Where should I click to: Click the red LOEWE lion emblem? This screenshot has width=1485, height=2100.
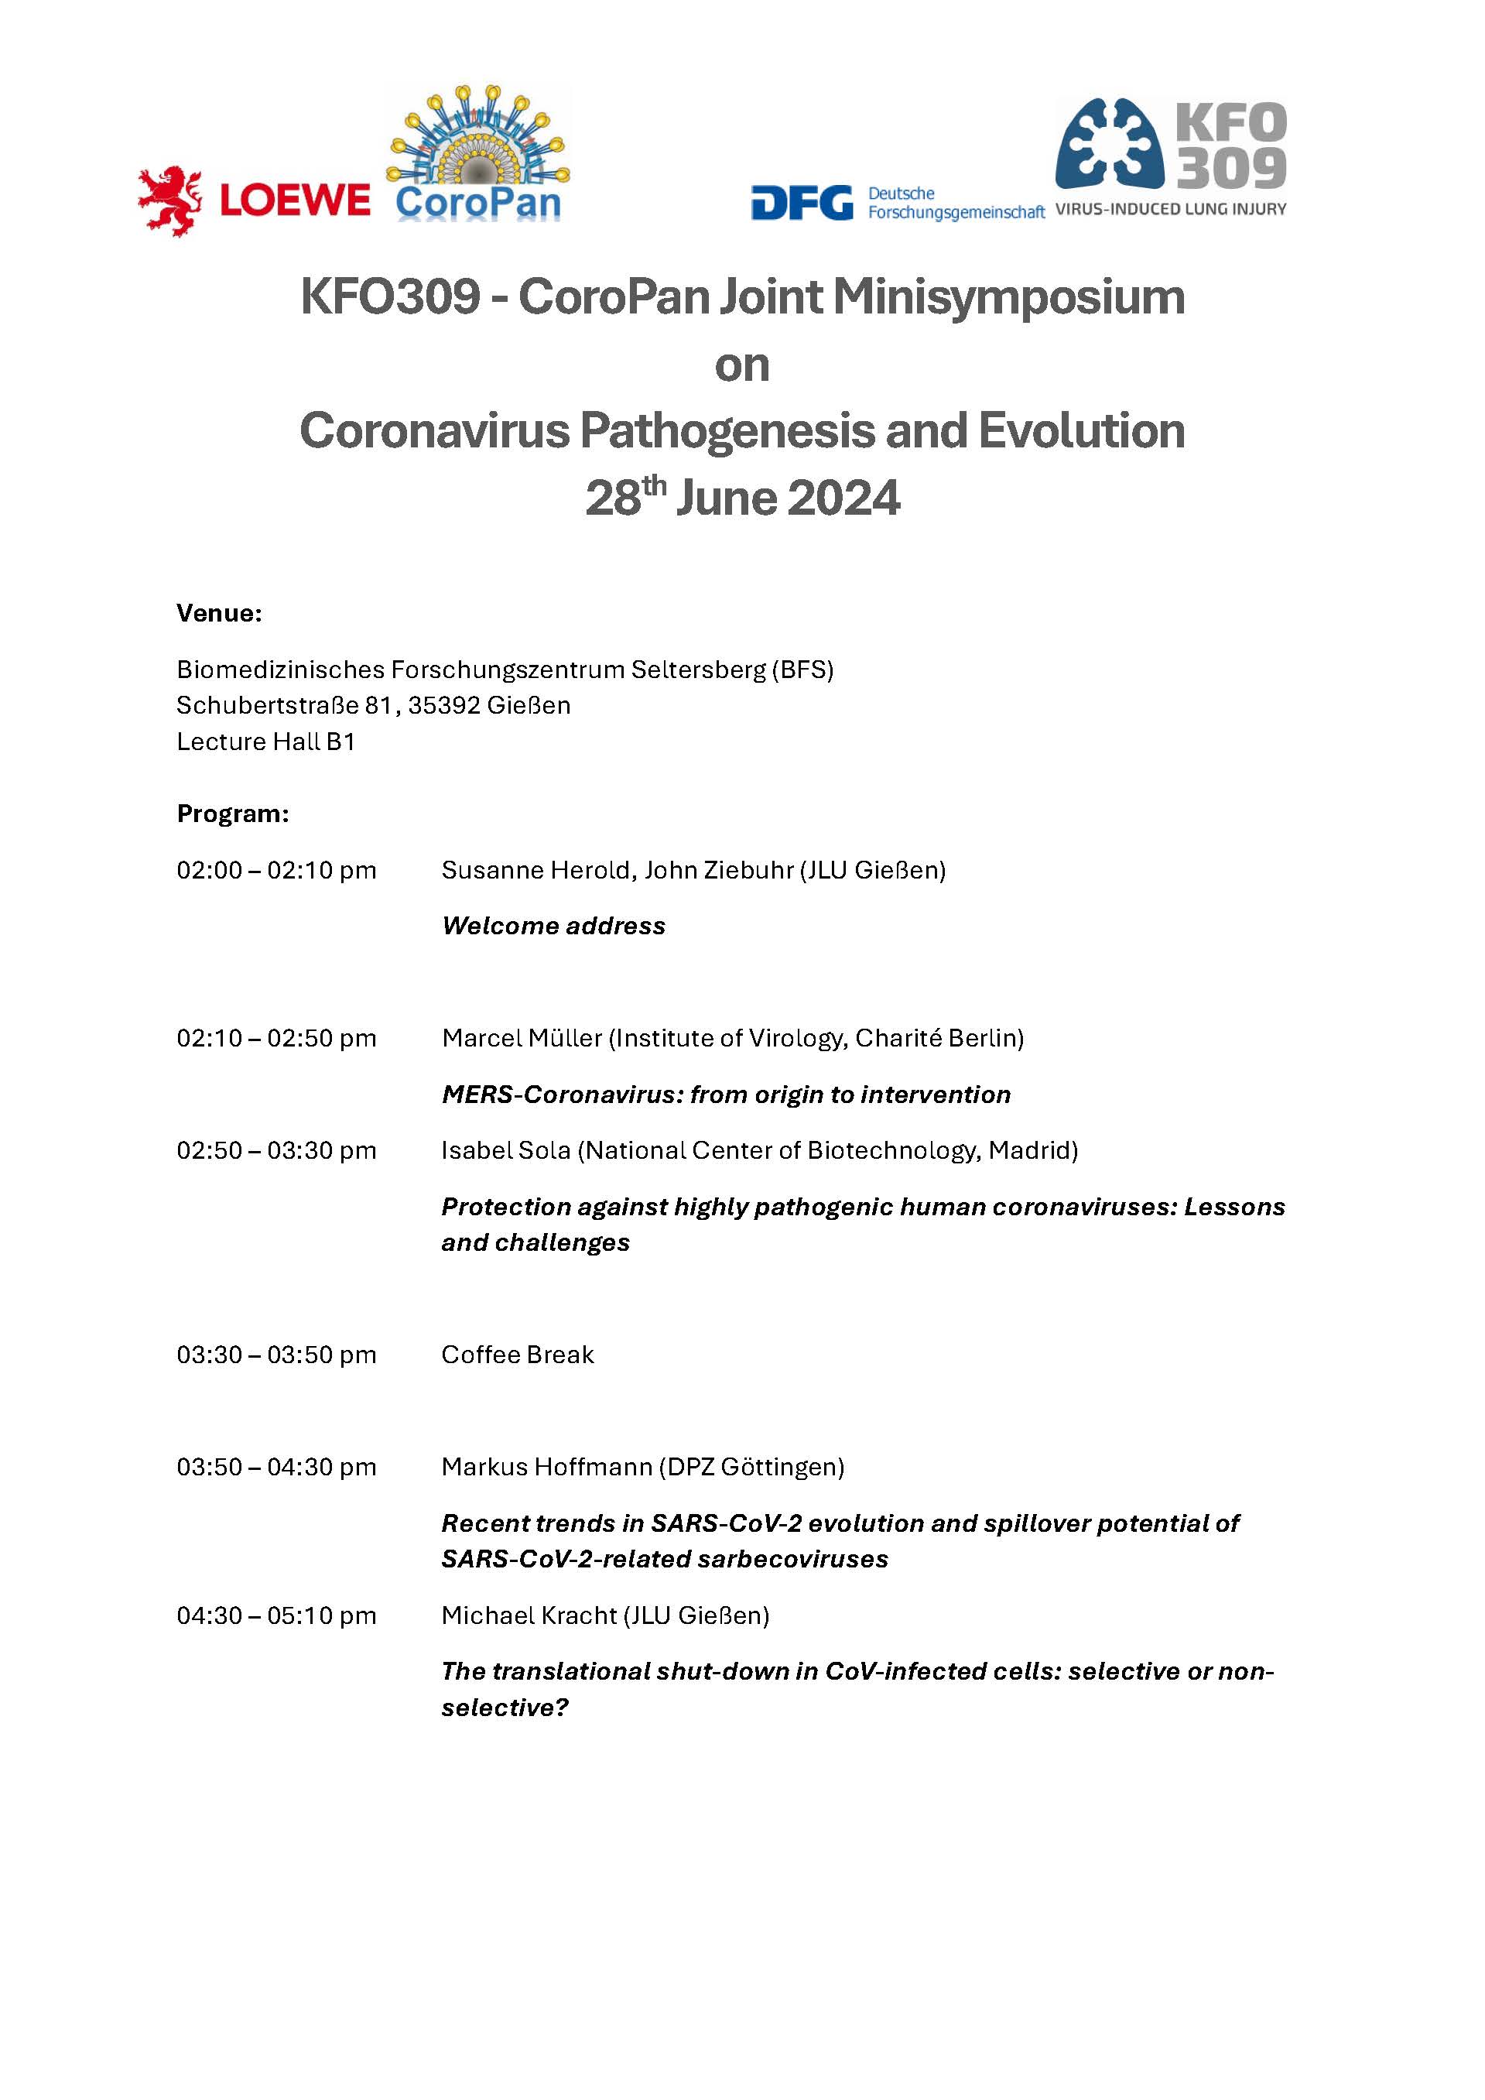(x=169, y=201)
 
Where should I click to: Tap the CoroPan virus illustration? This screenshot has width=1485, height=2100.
(x=478, y=137)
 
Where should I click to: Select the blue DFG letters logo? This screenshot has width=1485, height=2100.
(x=801, y=203)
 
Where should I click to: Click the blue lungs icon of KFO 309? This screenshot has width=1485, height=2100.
(x=1109, y=144)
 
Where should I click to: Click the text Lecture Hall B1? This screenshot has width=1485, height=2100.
(x=265, y=741)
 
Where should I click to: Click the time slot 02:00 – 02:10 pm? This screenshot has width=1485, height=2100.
(x=276, y=870)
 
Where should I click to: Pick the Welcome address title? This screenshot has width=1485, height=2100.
(x=553, y=926)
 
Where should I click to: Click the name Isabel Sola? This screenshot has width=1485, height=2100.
(x=505, y=1149)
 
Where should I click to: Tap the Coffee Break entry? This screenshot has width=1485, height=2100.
(x=518, y=1355)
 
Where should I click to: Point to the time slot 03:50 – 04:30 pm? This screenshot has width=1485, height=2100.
(x=276, y=1467)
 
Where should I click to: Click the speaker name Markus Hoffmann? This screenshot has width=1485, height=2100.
(x=546, y=1467)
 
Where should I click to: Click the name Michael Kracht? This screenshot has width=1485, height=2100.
(x=529, y=1615)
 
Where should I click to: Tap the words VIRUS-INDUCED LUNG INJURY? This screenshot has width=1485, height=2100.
(x=1171, y=210)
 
